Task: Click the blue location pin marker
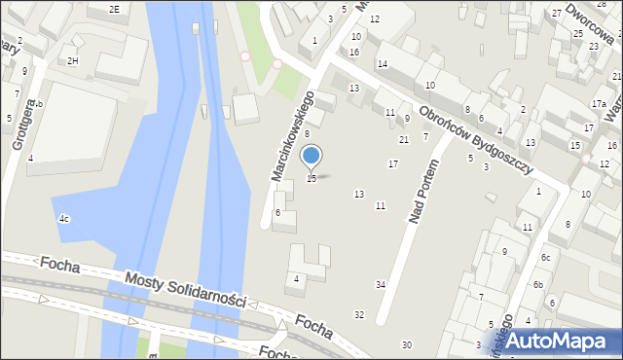[x=311, y=156]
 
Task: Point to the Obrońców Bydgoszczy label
[x=476, y=139]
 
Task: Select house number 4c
[x=64, y=219]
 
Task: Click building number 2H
[x=73, y=61]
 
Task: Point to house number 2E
[x=114, y=9]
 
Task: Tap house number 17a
[x=599, y=103]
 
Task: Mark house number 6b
[x=537, y=285]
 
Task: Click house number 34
[x=381, y=284]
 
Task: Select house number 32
[x=358, y=314]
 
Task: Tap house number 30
[x=407, y=345]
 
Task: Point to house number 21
[x=404, y=140]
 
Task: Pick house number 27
[x=556, y=13]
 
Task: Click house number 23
[x=594, y=46]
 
